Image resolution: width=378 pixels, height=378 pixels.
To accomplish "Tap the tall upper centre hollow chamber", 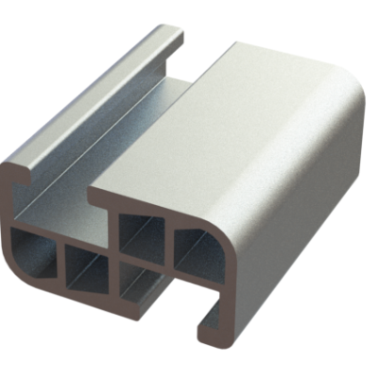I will coord(138,232).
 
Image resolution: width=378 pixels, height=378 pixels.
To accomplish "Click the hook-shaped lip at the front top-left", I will coord(19,176).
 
